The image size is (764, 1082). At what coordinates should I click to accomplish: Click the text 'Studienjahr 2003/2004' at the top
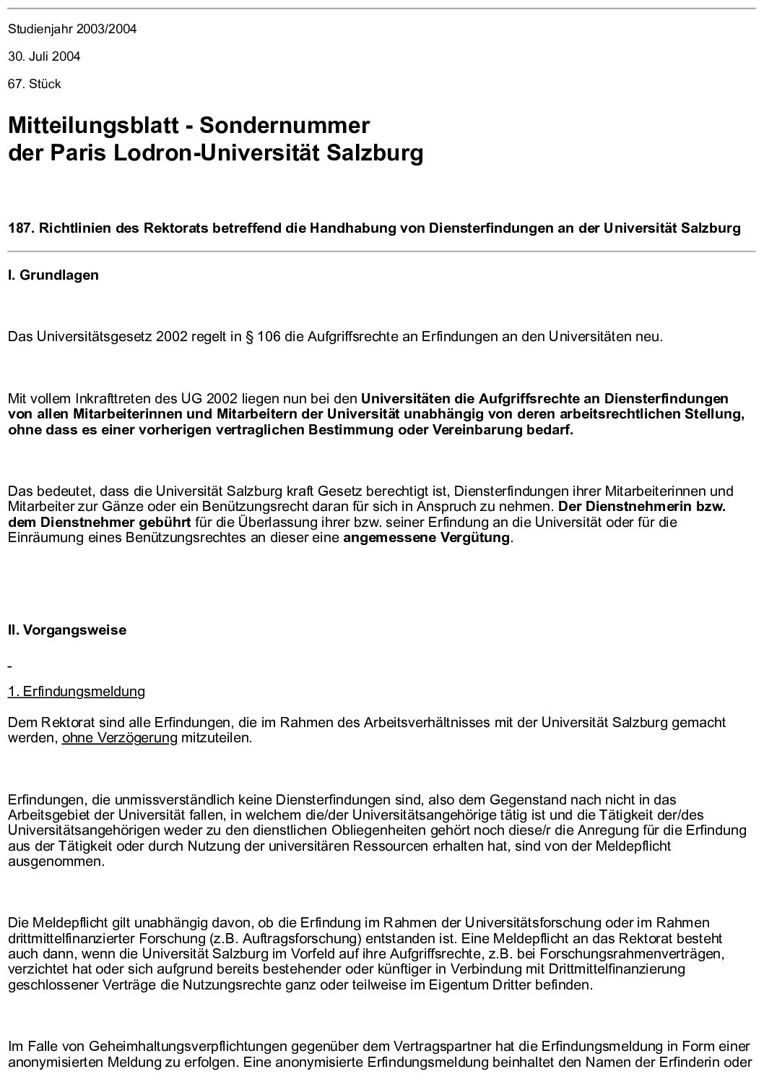click(x=72, y=30)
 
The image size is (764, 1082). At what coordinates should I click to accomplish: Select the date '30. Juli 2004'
click(x=44, y=56)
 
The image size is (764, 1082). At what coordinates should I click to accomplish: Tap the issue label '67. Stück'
click(x=35, y=84)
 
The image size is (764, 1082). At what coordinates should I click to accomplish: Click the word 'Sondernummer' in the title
click(x=285, y=126)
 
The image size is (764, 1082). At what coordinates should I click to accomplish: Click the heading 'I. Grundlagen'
click(x=53, y=275)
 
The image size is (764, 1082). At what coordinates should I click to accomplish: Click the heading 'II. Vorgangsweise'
click(x=67, y=630)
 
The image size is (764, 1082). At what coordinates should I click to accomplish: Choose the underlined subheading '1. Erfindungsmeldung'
click(x=77, y=692)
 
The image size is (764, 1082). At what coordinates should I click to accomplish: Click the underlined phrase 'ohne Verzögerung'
click(x=119, y=738)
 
